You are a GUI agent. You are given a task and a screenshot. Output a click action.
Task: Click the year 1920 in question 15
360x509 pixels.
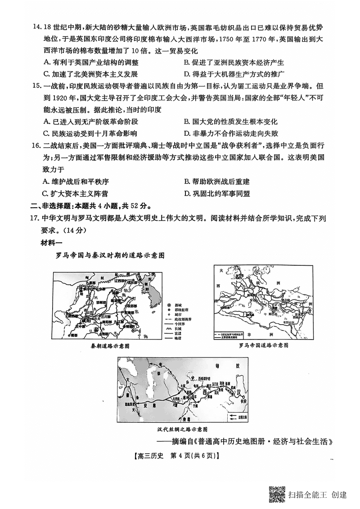pos(61,98)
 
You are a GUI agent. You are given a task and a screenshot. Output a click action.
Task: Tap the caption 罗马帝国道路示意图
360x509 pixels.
pos(263,345)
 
